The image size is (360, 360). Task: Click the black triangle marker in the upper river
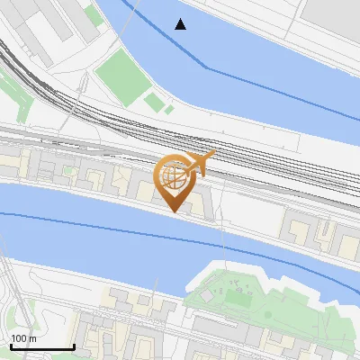181,24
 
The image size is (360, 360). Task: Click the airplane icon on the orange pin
199,163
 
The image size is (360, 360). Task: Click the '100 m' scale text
23,338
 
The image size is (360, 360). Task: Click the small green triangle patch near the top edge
94,14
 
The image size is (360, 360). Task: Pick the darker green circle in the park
267,314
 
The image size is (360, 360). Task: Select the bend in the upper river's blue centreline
208,67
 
